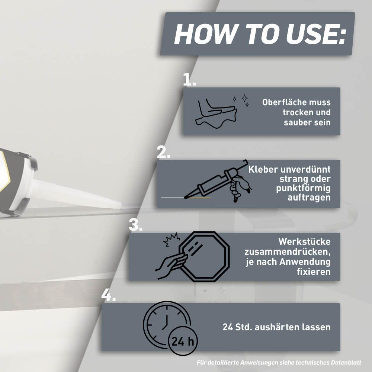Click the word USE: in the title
[316, 34]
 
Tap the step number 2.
[163, 152]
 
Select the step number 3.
[136, 225]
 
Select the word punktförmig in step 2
[303, 188]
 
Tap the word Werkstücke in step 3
[304, 241]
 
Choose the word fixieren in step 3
[314, 272]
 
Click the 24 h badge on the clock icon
[183, 341]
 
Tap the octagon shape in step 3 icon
[204, 257]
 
